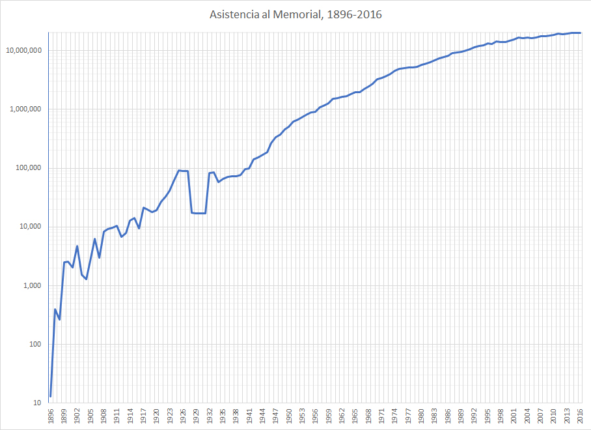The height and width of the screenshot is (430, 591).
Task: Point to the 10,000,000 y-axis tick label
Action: [23, 51]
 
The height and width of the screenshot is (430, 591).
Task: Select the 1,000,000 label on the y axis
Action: [25, 109]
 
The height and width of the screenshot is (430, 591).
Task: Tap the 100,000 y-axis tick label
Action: [29, 168]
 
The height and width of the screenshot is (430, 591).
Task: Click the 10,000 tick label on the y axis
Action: [31, 227]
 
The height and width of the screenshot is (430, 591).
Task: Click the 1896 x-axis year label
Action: [50, 416]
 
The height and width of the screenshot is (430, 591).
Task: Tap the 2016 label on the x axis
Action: [579, 416]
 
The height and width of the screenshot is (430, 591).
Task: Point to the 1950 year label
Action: [288, 416]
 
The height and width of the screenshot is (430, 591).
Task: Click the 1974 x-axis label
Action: [394, 416]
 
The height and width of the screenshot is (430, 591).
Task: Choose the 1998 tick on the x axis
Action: [500, 416]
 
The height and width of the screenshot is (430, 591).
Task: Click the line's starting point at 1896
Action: [50, 396]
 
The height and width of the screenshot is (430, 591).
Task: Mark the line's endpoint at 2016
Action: [579, 33]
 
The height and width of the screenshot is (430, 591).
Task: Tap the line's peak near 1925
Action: [178, 171]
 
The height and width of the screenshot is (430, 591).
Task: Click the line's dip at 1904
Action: [86, 279]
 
